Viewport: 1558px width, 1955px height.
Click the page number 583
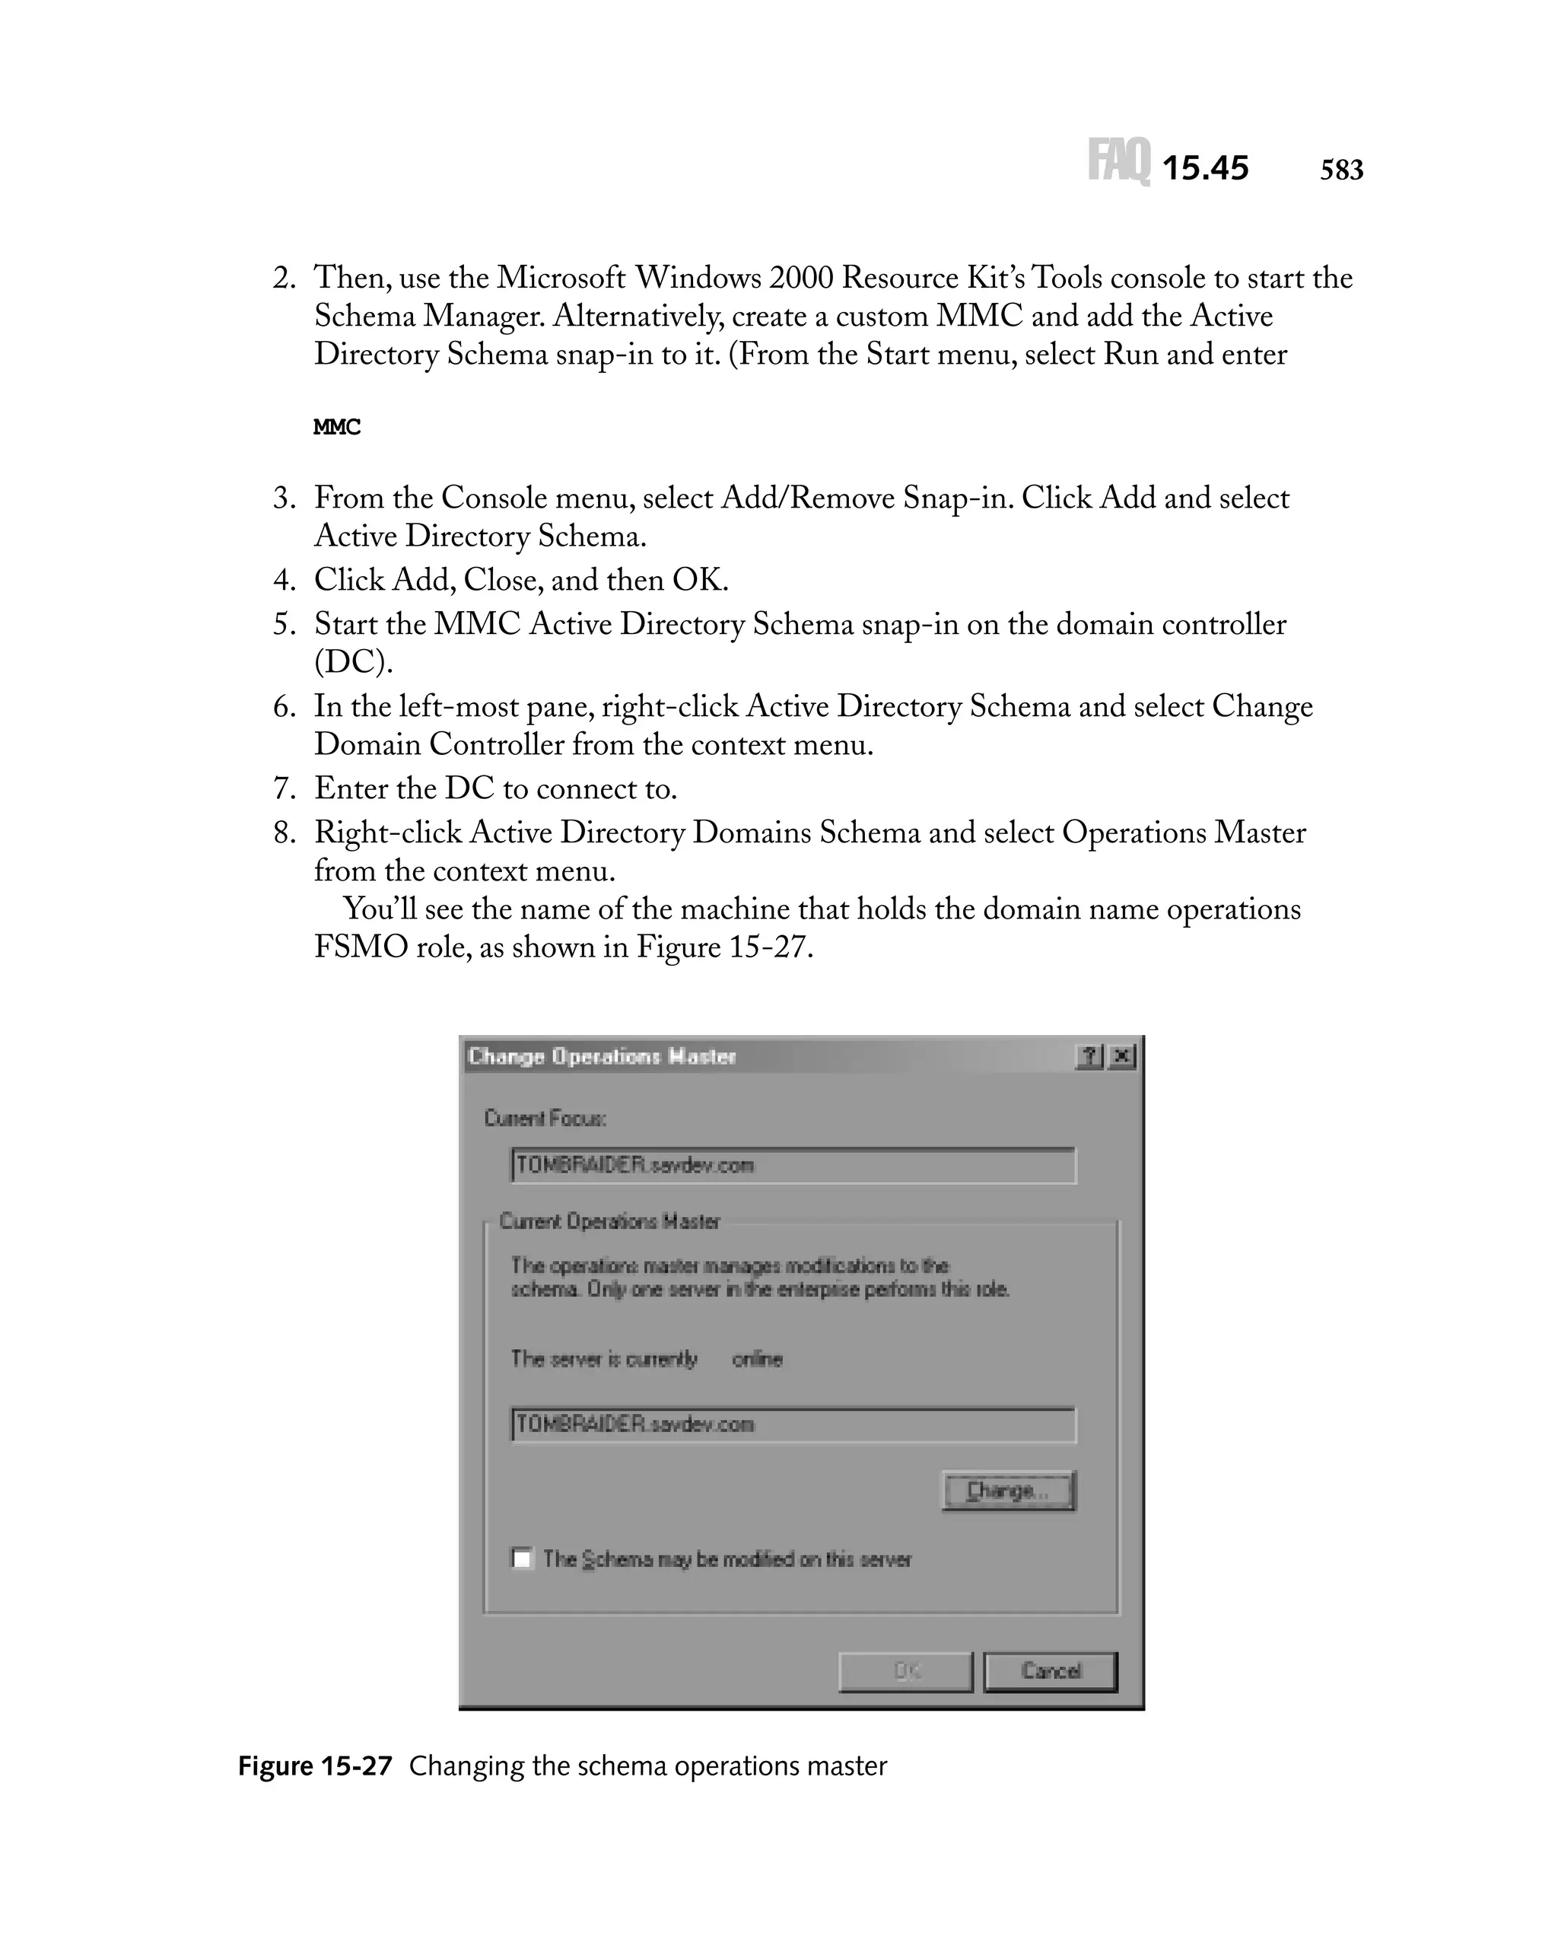coord(1340,170)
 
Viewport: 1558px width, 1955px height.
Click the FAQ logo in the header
coord(1118,161)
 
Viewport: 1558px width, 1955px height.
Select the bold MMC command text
coord(336,427)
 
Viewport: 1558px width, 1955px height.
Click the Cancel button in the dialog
coord(1050,1671)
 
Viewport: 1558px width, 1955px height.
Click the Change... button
coord(1008,1491)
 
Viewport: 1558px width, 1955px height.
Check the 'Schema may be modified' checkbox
coord(522,1559)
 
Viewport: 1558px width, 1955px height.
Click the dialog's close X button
coord(1122,1056)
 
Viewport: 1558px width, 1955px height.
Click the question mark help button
coord(1089,1056)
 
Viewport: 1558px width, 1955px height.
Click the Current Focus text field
coord(792,1165)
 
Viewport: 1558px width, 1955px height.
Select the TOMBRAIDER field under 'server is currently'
coord(792,1425)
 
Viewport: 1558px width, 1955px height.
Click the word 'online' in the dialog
coord(757,1358)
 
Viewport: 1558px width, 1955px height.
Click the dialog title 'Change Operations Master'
coord(602,1056)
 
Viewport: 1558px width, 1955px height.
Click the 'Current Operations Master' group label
coord(609,1221)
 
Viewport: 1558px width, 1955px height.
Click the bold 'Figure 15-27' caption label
coord(314,1766)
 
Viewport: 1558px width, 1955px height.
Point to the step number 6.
coord(284,706)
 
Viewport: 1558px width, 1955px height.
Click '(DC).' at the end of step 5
coord(354,663)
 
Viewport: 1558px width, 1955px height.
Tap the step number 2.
coord(284,279)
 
